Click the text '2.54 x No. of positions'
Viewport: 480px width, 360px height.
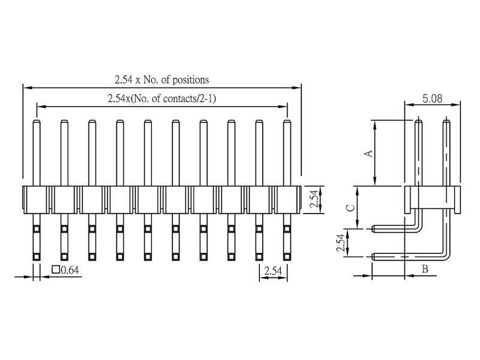click(161, 79)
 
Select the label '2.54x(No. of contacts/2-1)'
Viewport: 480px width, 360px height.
click(161, 99)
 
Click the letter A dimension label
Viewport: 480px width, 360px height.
click(369, 154)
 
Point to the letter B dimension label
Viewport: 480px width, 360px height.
click(425, 269)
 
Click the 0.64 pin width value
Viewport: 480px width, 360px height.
click(70, 270)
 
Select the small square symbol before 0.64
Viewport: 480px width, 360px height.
click(56, 270)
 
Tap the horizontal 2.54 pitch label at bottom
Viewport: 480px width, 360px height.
click(272, 271)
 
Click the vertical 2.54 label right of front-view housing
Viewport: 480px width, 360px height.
click(314, 199)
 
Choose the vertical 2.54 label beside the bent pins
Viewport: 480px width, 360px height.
click(340, 243)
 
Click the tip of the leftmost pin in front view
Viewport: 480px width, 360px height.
click(36, 122)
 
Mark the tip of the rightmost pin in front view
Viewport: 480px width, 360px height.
click(287, 122)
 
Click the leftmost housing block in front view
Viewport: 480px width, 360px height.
click(36, 199)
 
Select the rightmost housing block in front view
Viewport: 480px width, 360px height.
click(287, 199)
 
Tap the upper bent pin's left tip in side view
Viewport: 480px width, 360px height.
click(374, 229)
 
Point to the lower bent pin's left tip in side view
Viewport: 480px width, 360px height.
click(374, 257)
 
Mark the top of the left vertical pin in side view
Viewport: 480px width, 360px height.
click(419, 122)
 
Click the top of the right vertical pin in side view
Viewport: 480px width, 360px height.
click(446, 122)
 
